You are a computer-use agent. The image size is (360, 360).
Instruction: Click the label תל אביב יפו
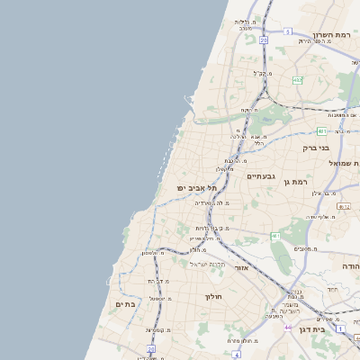[x=197, y=187]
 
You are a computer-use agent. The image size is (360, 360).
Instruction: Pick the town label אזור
[x=240, y=267]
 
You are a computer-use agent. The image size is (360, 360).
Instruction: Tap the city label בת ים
[x=126, y=304]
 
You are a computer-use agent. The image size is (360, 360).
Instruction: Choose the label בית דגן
[x=330, y=318]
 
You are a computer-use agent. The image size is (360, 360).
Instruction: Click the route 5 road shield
[x=288, y=31]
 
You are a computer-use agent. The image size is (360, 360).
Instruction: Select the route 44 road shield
[x=287, y=327]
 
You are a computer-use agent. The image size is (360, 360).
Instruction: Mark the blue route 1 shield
[x=341, y=328]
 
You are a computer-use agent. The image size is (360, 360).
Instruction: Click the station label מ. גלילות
[x=247, y=23]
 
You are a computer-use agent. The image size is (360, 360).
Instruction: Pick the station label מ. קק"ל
[x=260, y=73]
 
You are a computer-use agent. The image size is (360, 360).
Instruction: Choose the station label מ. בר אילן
[x=323, y=193]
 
